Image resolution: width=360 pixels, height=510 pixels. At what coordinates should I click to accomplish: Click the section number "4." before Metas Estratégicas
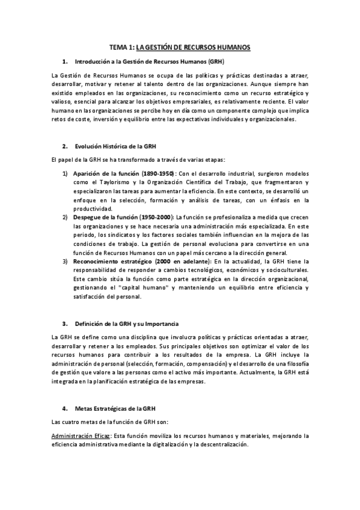click(65, 409)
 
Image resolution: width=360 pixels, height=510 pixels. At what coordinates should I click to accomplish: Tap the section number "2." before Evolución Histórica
click(65, 146)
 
